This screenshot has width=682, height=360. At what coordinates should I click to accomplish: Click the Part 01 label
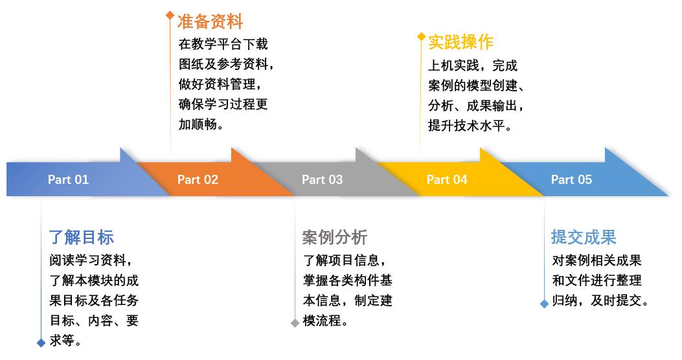pos(68,179)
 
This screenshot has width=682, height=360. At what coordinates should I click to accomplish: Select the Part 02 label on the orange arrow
pos(198,179)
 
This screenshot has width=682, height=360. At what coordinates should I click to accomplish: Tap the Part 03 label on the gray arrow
pos(322,179)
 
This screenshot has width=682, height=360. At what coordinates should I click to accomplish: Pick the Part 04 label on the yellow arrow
pos(447,179)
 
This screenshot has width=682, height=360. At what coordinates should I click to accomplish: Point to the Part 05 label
pos(571,179)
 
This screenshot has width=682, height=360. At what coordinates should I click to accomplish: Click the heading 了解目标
pos(82,237)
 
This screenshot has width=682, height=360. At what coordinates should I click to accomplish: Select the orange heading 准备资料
pos(210,21)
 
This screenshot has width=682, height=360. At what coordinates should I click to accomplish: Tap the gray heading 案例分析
pos(335,237)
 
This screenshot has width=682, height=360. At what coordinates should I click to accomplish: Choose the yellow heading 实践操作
pos(460,42)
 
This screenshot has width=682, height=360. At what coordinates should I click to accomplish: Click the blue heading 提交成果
pos(584,237)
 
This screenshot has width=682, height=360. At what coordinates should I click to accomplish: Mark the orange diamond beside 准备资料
pos(170,14)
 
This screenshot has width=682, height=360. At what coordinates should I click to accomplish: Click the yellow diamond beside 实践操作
pos(421,36)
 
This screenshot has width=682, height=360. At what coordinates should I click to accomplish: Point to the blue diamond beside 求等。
pos(41,343)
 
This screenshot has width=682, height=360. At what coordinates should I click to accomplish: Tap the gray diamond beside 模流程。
pos(295,322)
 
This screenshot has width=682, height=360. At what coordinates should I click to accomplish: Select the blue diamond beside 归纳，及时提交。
pos(544,303)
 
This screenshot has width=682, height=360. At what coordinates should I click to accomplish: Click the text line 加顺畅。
pos(202,124)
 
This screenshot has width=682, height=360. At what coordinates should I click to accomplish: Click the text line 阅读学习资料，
pos(94,260)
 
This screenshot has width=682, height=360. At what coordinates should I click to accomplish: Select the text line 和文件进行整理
pos(597,280)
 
